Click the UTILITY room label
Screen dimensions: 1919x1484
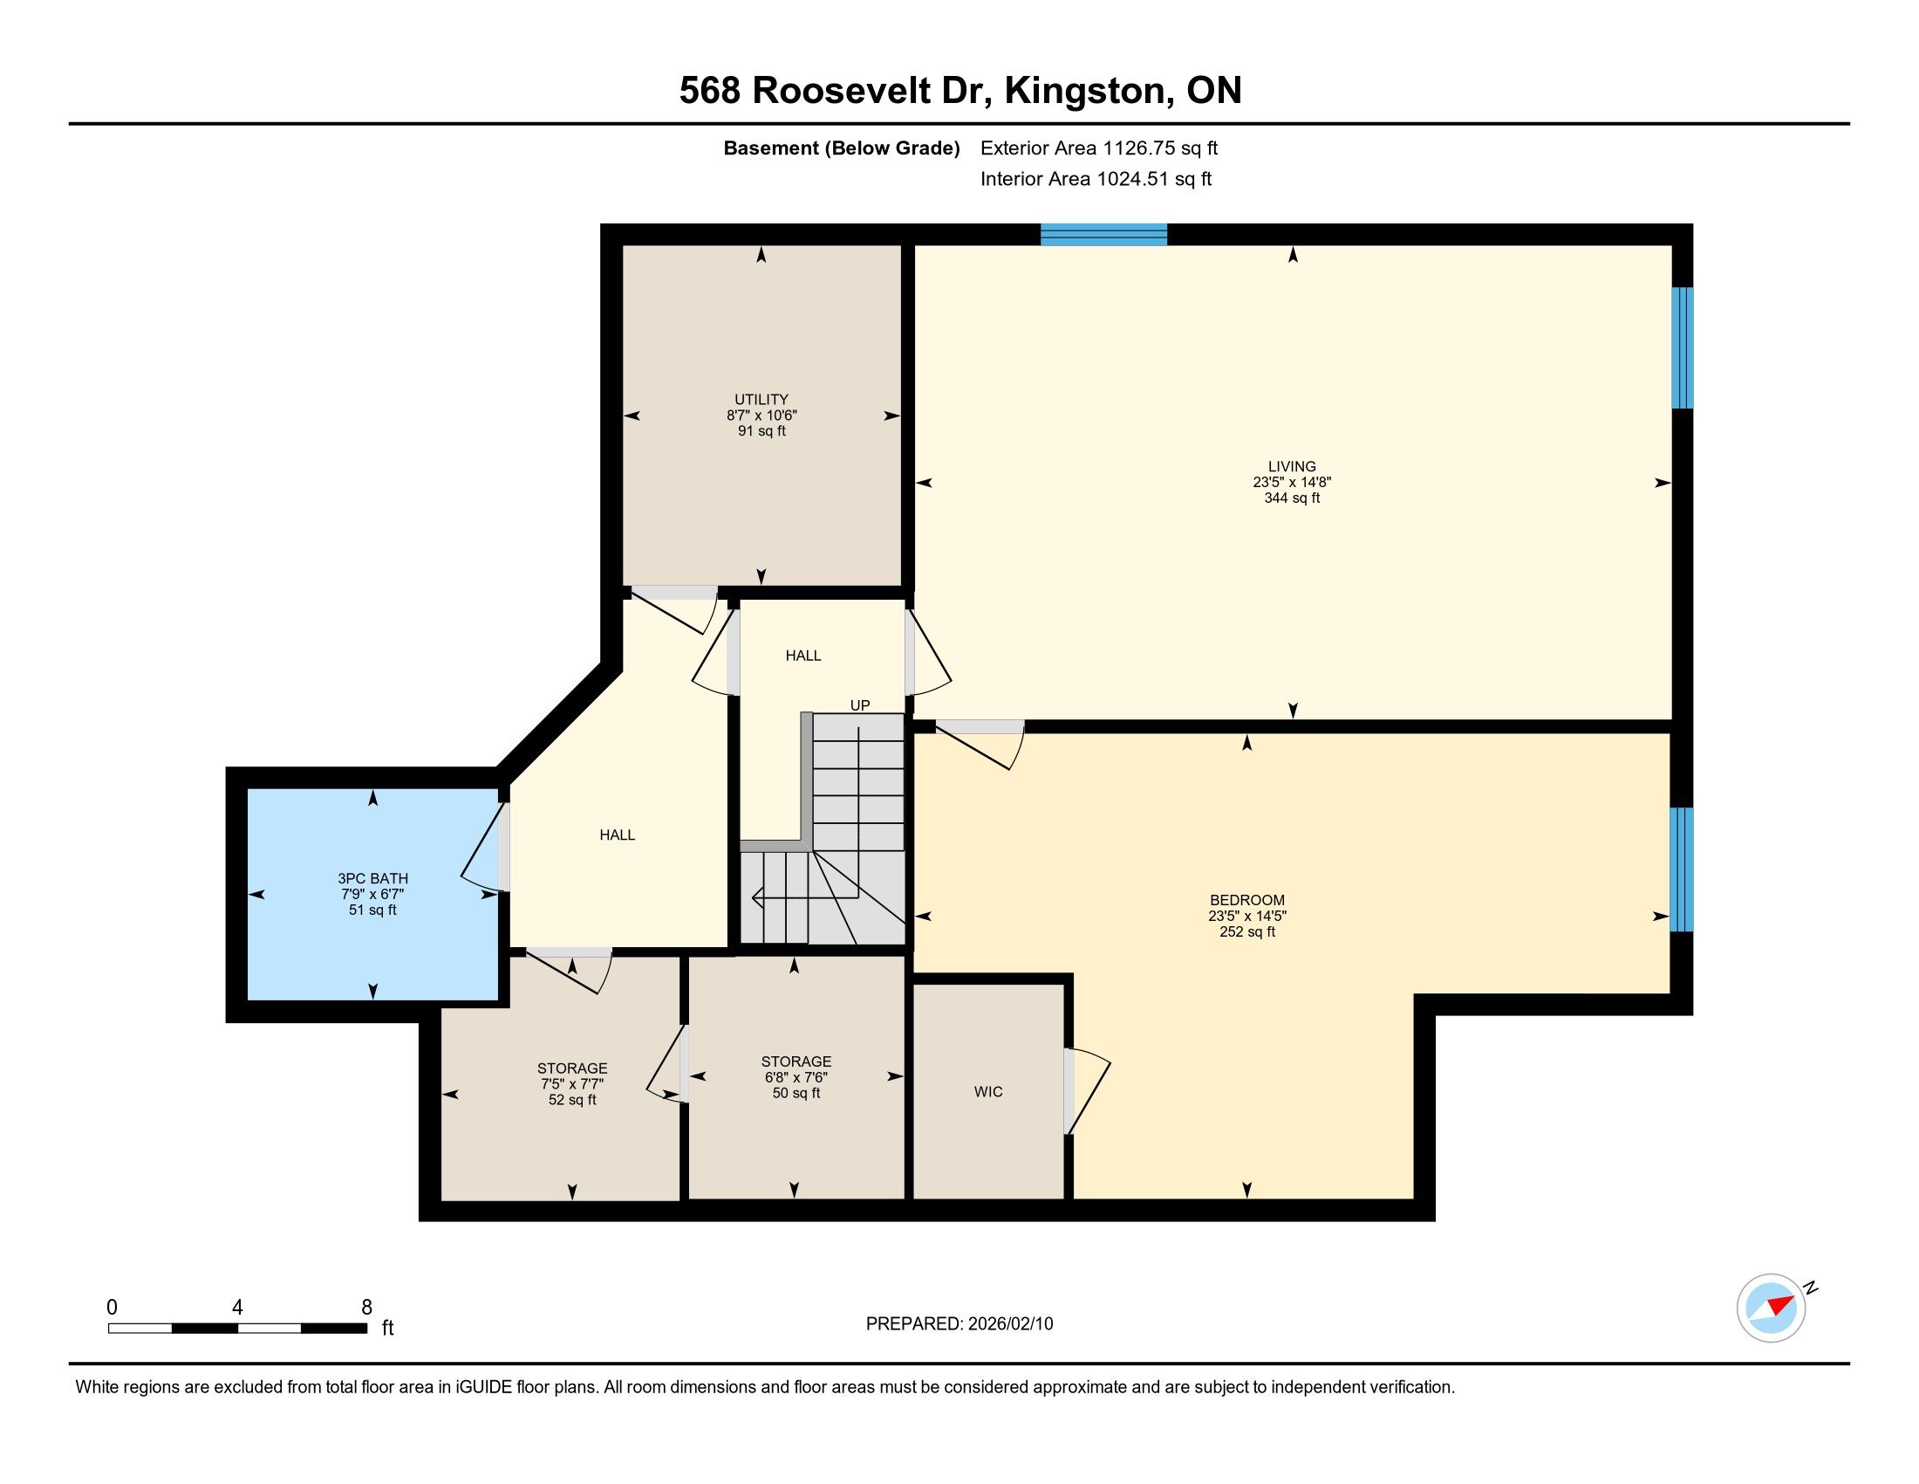coord(761,399)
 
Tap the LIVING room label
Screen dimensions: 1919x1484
coord(1292,467)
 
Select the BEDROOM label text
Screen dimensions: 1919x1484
coord(1246,900)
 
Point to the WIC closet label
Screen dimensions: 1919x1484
coord(987,1092)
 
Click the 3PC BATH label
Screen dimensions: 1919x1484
coord(372,878)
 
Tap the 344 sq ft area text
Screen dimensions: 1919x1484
coord(1292,498)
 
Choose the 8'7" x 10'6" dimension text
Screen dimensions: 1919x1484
coord(761,415)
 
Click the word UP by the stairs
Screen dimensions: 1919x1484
coord(859,705)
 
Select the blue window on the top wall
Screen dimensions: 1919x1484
coord(1103,235)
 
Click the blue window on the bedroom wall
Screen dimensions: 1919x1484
coord(1681,869)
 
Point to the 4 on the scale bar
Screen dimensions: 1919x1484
coord(237,1308)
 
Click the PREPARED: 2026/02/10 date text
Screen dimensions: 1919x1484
coord(959,1324)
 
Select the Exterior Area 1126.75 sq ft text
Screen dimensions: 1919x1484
coord(1099,148)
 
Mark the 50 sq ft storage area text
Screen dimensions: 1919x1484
coord(796,1094)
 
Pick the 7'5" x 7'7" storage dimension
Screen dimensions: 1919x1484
coord(572,1084)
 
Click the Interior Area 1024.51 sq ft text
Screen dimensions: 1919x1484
coord(1096,179)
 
